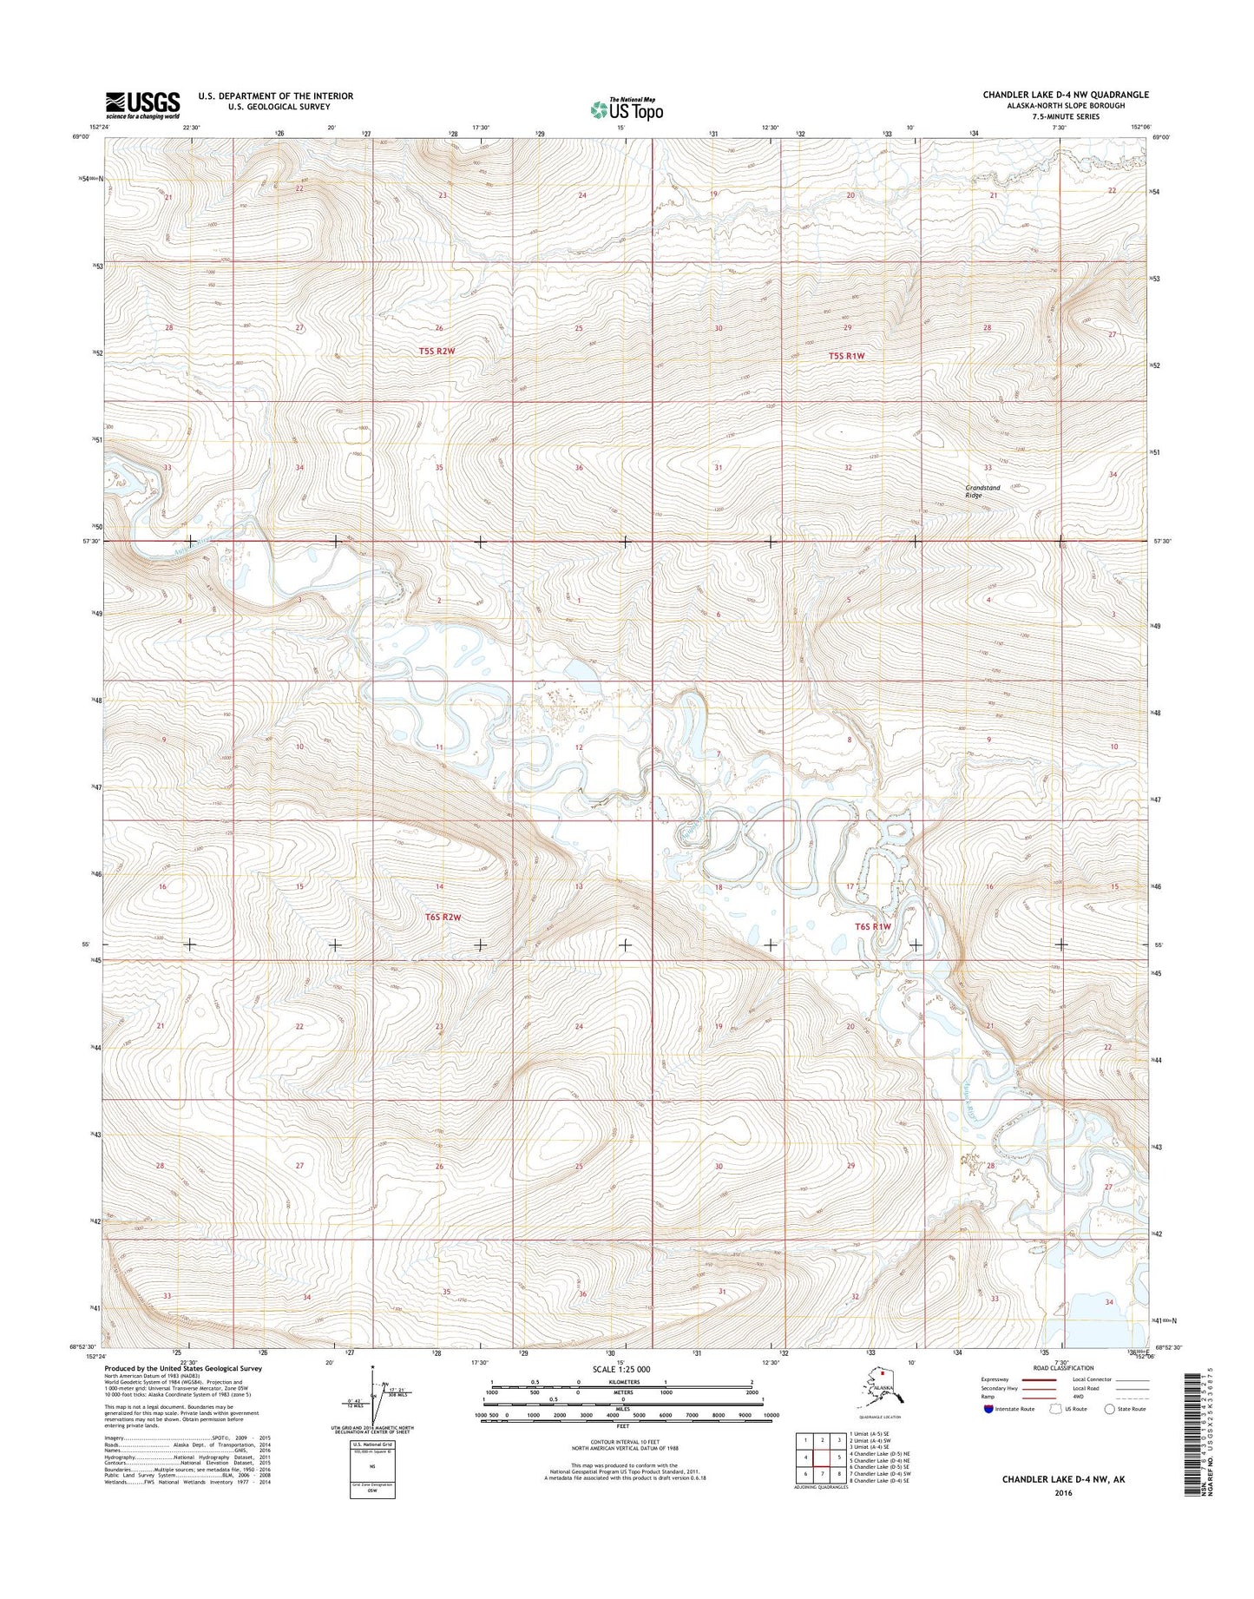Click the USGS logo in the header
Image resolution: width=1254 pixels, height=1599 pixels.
click(x=142, y=105)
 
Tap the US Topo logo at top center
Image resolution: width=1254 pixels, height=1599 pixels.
click(x=627, y=109)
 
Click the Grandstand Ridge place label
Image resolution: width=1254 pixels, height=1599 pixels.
click(x=982, y=490)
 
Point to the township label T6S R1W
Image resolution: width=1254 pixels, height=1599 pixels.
click(x=873, y=926)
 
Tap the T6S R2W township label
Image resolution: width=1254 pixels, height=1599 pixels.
click(x=443, y=917)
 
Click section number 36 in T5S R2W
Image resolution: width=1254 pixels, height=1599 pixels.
click(x=579, y=468)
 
